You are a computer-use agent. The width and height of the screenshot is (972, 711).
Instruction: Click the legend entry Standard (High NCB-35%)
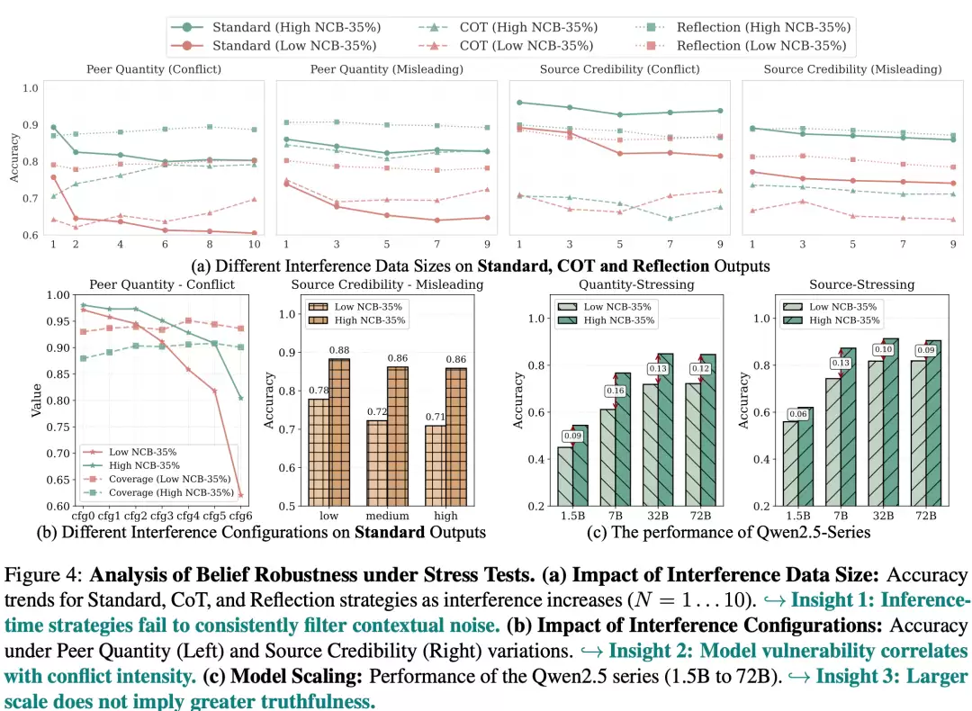coord(276,27)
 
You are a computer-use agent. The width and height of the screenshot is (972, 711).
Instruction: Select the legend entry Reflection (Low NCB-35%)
coord(742,46)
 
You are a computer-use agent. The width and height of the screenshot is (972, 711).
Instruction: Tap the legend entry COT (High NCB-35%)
coord(508,27)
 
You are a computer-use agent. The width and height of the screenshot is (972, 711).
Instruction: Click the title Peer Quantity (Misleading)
coord(387,69)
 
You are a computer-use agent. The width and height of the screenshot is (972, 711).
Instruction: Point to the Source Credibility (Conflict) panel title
coord(620,69)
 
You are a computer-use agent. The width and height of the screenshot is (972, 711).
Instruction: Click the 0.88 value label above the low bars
coord(339,350)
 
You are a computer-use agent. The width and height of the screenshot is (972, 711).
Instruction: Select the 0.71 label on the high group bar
coord(436,417)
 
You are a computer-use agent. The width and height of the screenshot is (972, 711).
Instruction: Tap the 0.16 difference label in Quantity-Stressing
coord(615,391)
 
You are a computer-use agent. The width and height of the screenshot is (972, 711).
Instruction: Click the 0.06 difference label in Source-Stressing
coord(798,414)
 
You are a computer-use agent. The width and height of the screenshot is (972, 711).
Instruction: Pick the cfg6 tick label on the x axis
coord(240,516)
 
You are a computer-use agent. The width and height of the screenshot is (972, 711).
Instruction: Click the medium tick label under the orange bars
coord(387,516)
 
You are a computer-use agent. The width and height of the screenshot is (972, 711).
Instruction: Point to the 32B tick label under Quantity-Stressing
coord(658,516)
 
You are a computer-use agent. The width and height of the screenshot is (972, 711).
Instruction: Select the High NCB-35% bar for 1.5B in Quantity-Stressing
coord(580,465)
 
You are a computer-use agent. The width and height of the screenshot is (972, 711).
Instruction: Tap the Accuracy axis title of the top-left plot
coord(13,158)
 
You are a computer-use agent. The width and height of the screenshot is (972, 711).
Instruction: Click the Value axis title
coord(37,400)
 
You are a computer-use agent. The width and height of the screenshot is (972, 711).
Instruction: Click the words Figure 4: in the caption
coord(43,575)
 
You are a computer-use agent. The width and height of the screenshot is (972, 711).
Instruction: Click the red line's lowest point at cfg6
coord(241,495)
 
